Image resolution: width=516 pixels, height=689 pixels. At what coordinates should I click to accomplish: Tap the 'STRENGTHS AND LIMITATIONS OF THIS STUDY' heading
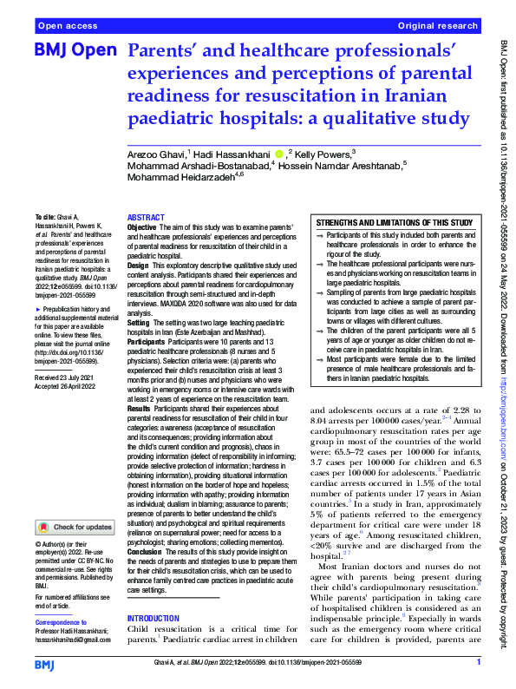pos(395,223)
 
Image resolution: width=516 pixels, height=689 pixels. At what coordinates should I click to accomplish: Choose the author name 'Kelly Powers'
pos(329,153)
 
